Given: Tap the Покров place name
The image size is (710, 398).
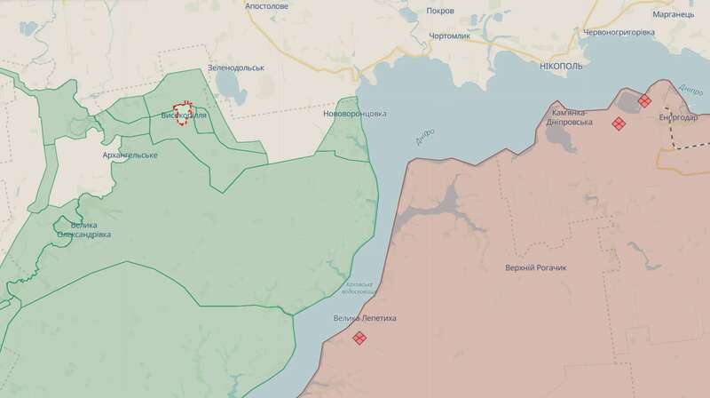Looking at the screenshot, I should (x=440, y=11).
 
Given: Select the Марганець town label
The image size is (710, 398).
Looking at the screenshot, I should (x=669, y=14).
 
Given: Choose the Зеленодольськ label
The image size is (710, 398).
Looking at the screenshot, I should (x=236, y=68).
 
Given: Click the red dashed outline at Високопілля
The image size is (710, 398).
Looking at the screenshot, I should (x=184, y=112).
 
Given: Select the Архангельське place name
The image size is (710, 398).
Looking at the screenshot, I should (x=130, y=155).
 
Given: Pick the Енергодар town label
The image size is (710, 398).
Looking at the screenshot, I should (x=679, y=117).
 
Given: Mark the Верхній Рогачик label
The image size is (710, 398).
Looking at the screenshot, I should (x=535, y=268).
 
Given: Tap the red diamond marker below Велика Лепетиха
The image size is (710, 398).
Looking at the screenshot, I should (x=359, y=338).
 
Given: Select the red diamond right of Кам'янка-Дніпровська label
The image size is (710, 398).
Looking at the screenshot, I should (x=618, y=123).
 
